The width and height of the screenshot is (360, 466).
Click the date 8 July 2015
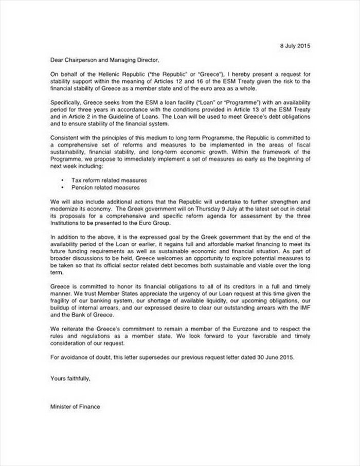(295, 46)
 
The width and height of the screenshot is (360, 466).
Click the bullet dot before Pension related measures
(62, 188)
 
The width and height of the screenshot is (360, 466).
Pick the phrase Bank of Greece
(89, 314)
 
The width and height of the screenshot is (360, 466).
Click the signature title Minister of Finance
(75, 406)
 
